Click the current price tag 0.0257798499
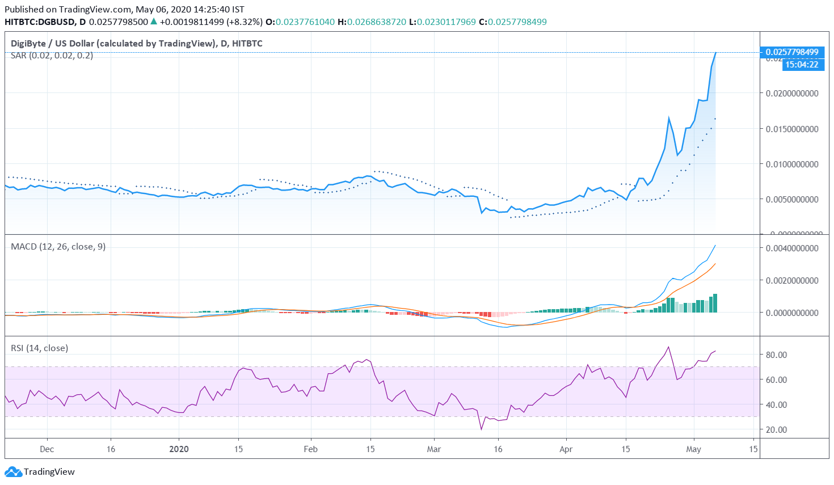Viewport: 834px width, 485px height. [792, 52]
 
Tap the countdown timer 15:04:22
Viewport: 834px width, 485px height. [801, 65]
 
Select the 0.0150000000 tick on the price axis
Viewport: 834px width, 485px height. [792, 129]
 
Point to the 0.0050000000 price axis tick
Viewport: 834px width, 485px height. [792, 199]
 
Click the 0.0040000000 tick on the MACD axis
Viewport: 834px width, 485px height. [792, 248]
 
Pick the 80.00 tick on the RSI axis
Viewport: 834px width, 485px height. [776, 355]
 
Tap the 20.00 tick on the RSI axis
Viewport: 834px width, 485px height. [776, 429]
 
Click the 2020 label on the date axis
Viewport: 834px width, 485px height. [179, 449]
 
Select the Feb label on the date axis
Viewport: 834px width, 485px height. [310, 449]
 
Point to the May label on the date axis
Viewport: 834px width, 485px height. [693, 449]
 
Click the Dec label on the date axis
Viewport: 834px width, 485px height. [47, 449]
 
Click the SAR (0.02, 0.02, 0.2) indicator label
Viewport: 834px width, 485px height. [52, 56]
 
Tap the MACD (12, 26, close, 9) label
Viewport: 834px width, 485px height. [58, 246]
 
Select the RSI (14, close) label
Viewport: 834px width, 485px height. [39, 348]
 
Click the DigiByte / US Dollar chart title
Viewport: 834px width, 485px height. [137, 43]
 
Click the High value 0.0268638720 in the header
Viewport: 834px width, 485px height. [377, 22]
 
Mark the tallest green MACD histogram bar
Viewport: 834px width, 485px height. [715, 303]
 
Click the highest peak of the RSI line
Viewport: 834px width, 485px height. [668, 347]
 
